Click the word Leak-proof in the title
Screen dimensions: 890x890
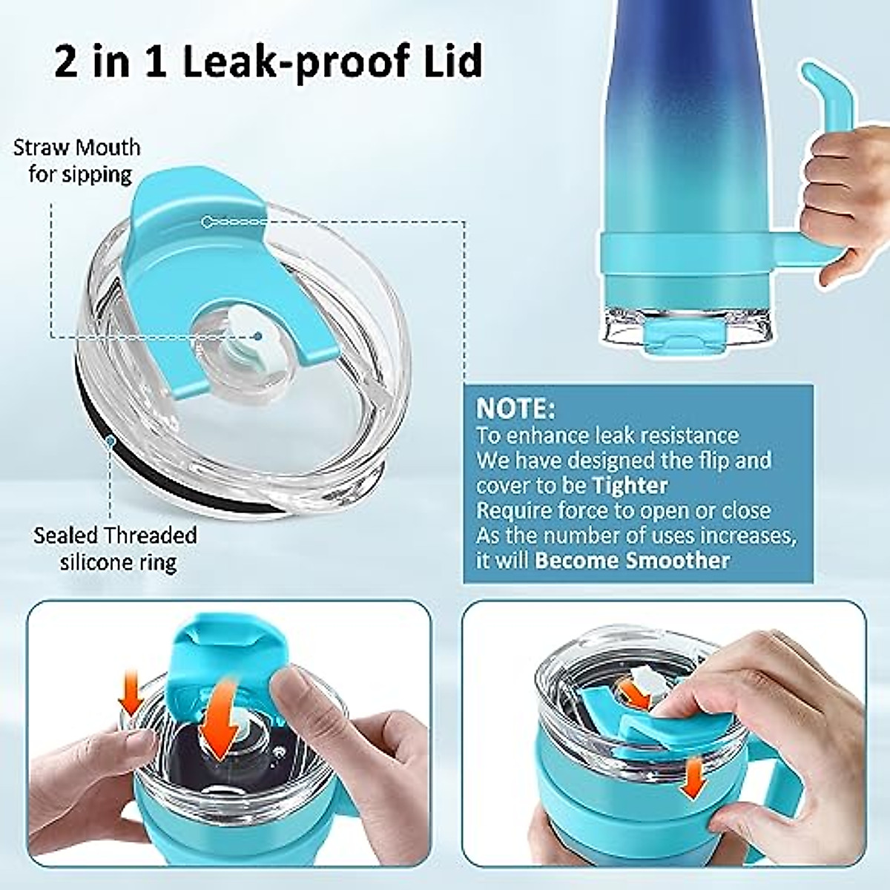coord(297,61)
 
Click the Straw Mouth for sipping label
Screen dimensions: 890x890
coord(77,160)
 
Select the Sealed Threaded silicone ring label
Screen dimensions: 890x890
coord(116,548)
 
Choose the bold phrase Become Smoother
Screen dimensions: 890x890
coord(633,560)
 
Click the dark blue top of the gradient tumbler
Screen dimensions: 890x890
coord(667,44)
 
